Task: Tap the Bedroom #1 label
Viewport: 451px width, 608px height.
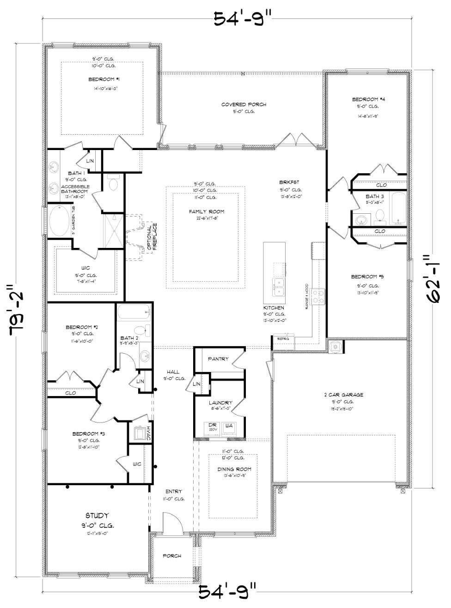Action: click(x=101, y=80)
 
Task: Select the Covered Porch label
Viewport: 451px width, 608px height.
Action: click(x=244, y=105)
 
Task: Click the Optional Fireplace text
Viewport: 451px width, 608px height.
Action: click(x=152, y=237)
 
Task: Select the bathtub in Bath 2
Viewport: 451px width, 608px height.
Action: click(x=134, y=313)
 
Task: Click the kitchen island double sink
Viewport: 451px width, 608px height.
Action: click(x=278, y=287)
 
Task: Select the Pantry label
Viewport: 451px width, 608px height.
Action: click(x=218, y=359)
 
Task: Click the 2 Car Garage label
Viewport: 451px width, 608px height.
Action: click(x=343, y=395)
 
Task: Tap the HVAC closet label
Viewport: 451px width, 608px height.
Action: click(x=149, y=434)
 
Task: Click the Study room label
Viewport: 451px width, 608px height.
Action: click(x=97, y=516)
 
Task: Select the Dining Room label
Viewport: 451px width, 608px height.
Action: click(x=234, y=470)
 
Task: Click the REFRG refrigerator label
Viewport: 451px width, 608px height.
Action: click(x=283, y=339)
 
